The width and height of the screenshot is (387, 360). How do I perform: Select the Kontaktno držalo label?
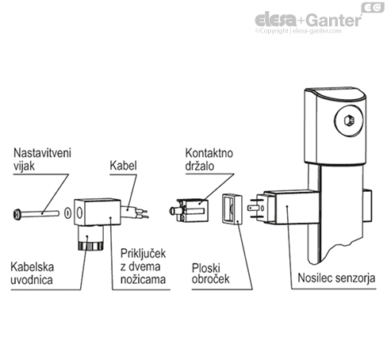pos(207,158)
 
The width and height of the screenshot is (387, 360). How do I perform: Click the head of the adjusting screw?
pos(17,213)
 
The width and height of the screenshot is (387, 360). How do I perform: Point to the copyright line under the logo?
pos(314,33)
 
